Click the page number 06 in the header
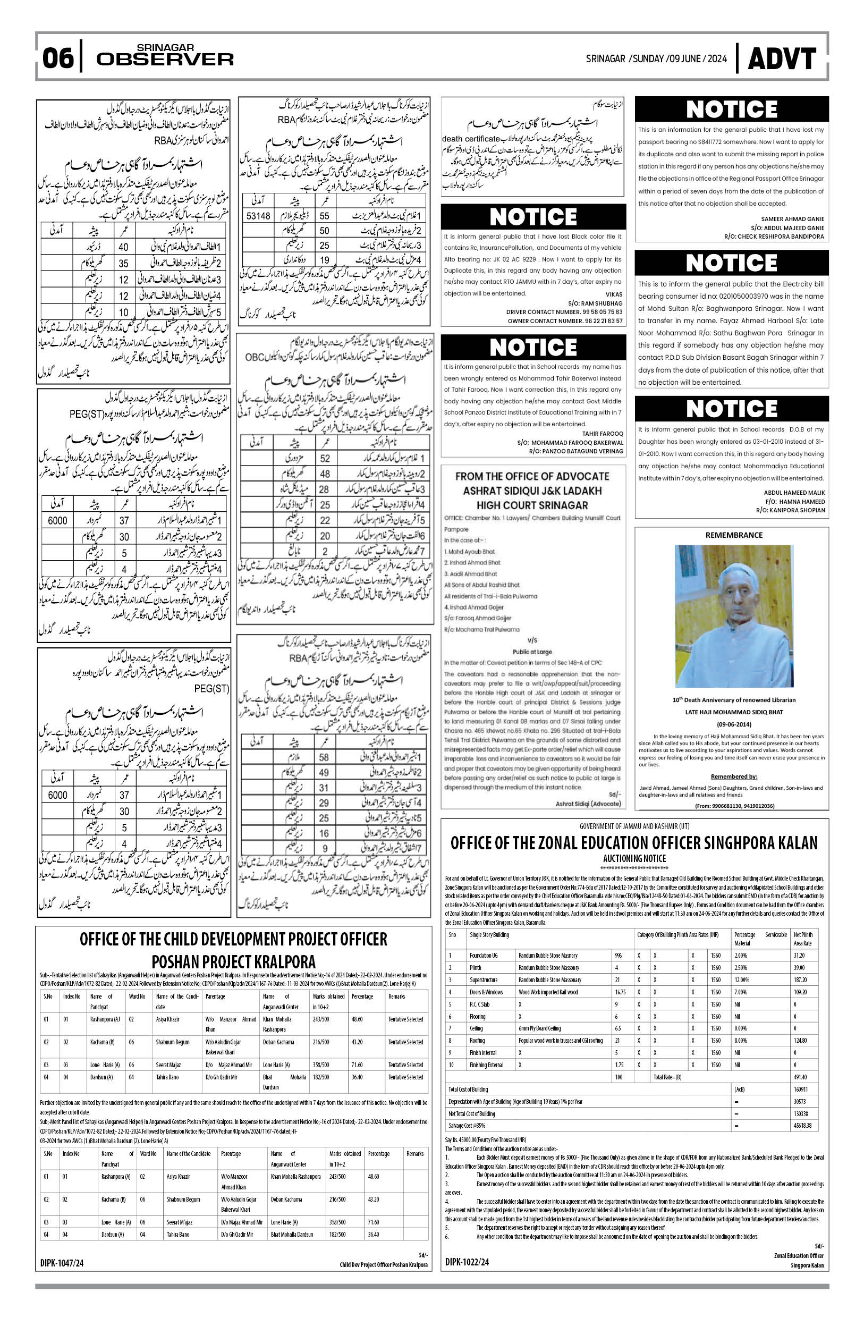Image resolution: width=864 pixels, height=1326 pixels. click(58, 58)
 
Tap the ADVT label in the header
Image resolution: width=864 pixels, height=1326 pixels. click(782, 59)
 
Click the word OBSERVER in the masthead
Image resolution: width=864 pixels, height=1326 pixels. click(165, 59)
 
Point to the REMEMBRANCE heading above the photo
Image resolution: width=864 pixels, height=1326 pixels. click(734, 535)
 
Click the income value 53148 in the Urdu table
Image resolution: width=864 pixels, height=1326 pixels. click(258, 216)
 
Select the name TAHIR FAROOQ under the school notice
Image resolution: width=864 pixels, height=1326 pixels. click(603, 434)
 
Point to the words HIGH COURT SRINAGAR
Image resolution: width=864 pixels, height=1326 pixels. click(532, 505)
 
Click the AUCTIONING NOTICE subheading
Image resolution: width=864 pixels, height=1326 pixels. click(634, 858)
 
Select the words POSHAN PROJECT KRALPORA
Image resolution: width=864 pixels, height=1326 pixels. click(233, 961)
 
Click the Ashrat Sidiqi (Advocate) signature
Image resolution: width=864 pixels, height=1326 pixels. click(588, 804)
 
